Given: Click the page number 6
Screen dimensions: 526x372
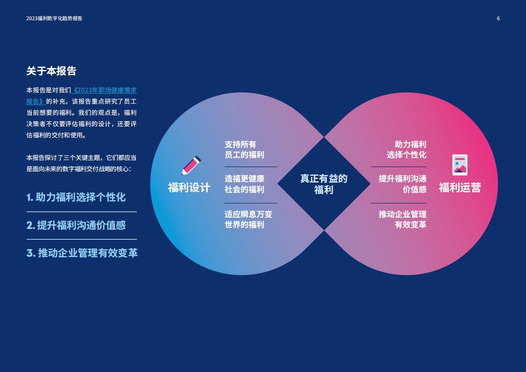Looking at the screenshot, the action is point(498,18).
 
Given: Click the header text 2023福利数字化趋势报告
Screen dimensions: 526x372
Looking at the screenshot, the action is point(54,18).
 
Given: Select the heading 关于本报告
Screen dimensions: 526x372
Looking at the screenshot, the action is point(51,71).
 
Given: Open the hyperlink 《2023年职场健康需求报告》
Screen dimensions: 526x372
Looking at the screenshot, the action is point(82,96).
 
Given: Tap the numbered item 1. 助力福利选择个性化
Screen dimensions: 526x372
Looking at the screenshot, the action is point(76,197).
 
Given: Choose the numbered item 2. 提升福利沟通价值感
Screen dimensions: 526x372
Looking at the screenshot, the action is point(76,225).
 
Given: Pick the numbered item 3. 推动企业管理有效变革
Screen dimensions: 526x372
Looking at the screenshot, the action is point(82,253).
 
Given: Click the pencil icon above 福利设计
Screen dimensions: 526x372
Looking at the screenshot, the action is point(191,165).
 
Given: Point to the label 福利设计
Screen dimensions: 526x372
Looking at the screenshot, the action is point(189,187).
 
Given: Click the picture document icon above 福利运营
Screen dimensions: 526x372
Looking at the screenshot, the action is point(459,165).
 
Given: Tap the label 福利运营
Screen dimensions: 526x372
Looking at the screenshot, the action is point(459,187).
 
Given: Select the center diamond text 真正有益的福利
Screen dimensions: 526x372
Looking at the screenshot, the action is point(324,184).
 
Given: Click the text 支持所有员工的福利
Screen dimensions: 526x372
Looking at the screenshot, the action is point(245,150).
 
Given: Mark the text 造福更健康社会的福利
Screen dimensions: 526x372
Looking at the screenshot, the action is point(245,184).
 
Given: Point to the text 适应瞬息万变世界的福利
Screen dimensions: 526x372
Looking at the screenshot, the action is point(248,219).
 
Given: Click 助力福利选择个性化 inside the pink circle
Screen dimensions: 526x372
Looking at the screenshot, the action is point(406,150).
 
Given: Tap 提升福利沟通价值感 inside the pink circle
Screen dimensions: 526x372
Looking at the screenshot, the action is point(403,184).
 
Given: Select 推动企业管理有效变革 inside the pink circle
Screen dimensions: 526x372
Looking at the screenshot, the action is point(403,219).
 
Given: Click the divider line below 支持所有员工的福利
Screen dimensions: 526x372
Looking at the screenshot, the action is point(251,167).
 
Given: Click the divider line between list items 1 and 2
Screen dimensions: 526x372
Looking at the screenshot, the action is point(82,212).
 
